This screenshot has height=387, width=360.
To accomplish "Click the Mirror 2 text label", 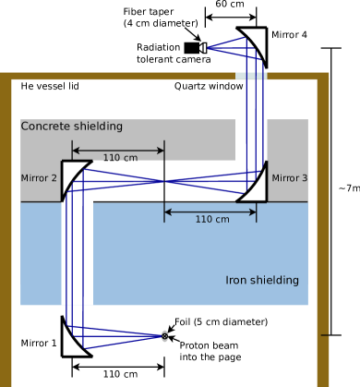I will point(39,178).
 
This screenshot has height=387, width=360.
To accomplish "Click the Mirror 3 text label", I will point(289,178).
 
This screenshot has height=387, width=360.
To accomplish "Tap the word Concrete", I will point(44,127).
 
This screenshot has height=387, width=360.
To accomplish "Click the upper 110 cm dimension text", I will point(120,158).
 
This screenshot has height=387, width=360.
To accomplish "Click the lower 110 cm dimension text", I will point(212,220).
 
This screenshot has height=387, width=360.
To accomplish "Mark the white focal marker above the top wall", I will point(202,48).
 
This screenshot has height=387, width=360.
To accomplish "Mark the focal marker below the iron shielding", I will point(164,336).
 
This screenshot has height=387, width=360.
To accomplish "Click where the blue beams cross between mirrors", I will point(164,182).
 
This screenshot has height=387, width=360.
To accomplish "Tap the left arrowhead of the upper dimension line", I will point(75,150).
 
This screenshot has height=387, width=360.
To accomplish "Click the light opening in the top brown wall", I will point(251,77).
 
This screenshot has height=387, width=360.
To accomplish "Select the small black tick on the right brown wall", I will point(325,335).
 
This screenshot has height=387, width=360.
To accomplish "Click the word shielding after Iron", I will point(275,281).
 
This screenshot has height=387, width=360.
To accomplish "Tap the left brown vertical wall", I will point(6,231).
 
